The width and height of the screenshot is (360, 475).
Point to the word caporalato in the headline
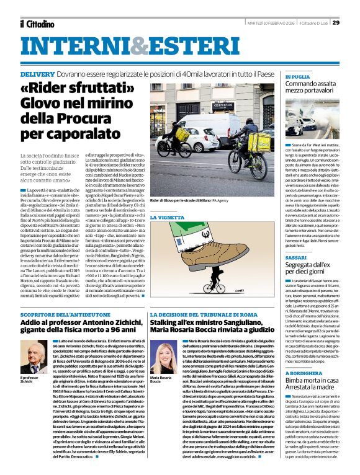pyautogui.click(x=72, y=132)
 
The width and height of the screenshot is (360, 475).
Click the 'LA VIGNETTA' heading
pyautogui.click(x=167, y=218)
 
